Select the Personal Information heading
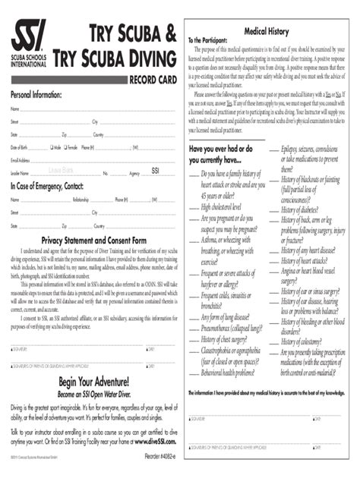36,95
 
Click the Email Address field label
21,160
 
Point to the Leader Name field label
20,174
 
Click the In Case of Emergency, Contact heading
47,186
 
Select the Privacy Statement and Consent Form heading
93,241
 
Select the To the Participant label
207,39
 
